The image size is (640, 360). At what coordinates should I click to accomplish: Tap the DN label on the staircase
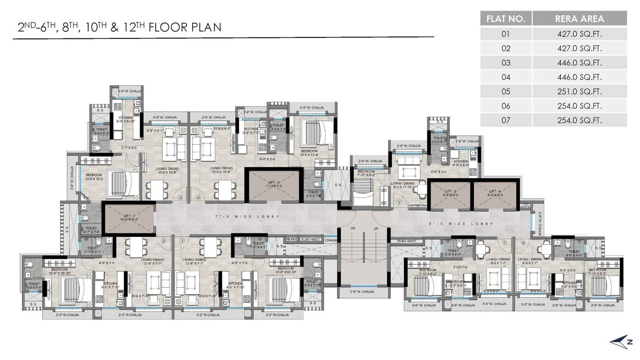point(353,229)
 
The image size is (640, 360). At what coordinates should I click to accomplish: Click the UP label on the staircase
point(376,229)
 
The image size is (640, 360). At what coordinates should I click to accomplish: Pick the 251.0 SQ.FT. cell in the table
point(579,92)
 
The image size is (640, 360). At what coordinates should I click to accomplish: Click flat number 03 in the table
point(506,63)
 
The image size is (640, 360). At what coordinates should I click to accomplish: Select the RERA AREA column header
point(579,19)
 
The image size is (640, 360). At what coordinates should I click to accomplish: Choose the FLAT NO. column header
point(506,19)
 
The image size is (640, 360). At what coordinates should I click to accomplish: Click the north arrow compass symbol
point(620,341)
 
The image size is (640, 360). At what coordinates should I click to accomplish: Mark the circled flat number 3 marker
point(181,197)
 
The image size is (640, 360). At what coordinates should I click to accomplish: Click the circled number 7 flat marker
point(504,243)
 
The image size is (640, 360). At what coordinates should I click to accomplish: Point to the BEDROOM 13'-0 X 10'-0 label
point(94,177)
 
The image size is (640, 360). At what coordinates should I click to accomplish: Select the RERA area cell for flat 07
point(579,120)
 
